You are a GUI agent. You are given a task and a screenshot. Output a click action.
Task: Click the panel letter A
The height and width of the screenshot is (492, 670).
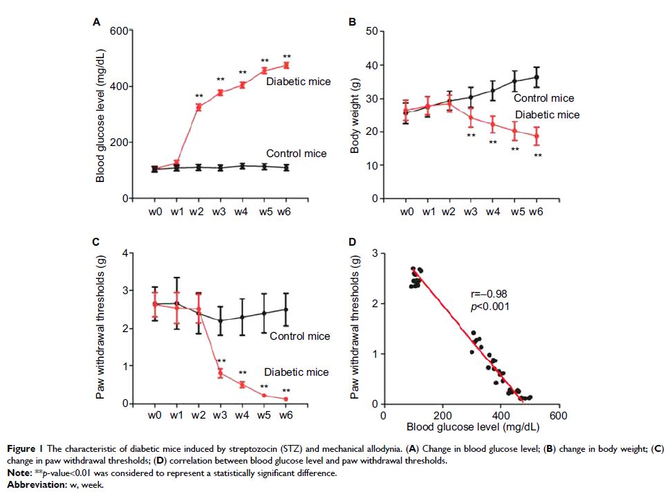tap(97, 23)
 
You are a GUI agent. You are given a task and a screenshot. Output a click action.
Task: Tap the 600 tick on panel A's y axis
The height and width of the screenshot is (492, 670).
tap(116, 31)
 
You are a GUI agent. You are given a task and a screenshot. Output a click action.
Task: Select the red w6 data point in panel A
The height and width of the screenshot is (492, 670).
tap(286, 65)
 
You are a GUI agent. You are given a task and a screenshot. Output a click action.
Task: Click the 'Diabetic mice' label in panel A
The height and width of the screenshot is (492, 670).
tap(299, 82)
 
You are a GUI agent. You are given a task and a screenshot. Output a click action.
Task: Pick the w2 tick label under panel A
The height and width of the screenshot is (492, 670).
tap(198, 212)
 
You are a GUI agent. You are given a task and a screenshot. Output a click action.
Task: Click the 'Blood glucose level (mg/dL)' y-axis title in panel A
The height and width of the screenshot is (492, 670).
tap(100, 115)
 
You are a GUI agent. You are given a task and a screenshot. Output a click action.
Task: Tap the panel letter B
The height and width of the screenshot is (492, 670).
tap(352, 23)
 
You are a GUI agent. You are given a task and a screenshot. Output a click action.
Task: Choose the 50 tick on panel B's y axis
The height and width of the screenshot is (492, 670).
tap(371, 31)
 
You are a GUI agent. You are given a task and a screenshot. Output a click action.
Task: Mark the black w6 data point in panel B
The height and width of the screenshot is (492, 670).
tap(536, 77)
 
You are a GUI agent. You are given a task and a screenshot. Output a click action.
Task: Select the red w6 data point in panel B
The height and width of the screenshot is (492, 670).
tap(536, 136)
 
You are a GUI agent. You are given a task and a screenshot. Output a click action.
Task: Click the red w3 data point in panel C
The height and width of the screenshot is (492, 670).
tap(220, 373)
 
